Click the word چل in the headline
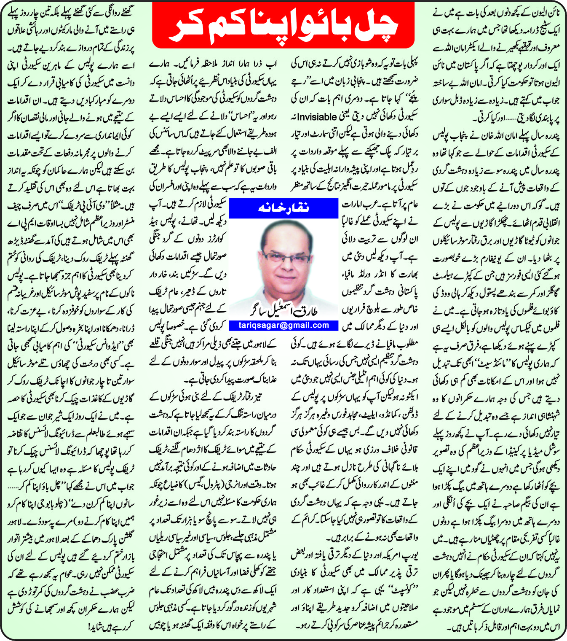tap(375, 27)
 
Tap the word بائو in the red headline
tap(322, 27)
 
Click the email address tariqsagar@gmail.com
tap(283, 325)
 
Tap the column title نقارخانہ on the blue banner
tap(283, 207)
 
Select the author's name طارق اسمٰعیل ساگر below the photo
tap(283, 311)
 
